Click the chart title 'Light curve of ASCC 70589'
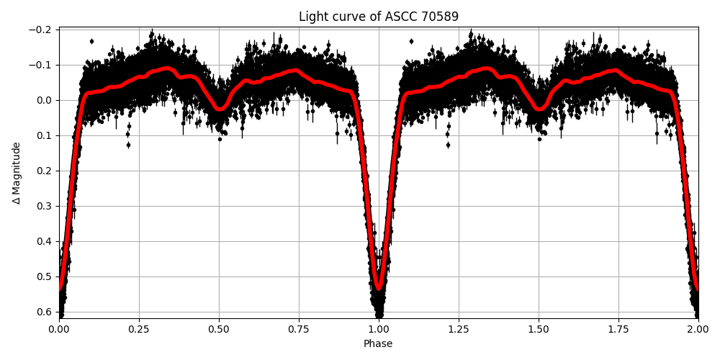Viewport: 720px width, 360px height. [378, 17]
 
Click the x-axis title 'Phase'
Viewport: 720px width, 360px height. [378, 344]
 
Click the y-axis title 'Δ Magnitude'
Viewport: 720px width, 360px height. [17, 173]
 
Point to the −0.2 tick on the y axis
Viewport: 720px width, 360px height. [42, 30]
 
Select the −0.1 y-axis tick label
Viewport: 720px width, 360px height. [42, 65]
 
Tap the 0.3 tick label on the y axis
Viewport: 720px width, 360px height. [45, 206]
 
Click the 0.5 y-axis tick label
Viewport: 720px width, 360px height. [45, 276]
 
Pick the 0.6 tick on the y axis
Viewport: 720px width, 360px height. [45, 312]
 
